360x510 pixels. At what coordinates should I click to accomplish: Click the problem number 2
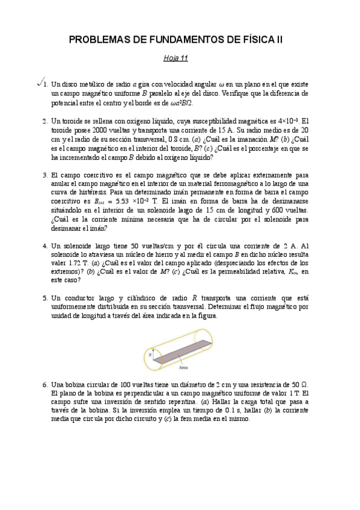click(45, 120)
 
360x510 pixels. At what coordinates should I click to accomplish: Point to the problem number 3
click(45, 175)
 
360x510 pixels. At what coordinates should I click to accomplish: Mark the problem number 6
click(45, 384)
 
